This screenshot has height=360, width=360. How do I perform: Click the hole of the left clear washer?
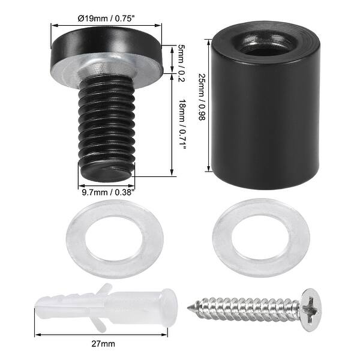point(113,238)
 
